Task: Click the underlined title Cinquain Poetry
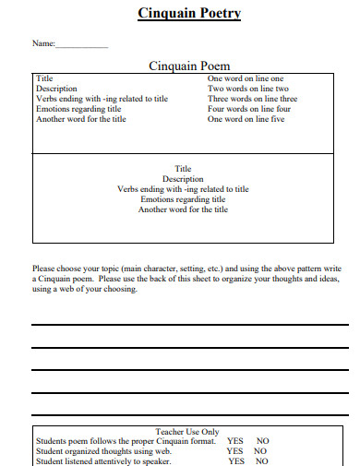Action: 189,14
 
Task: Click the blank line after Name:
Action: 82,46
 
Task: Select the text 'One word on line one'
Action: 246,79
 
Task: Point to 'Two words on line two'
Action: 246,90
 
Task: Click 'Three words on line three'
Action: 252,99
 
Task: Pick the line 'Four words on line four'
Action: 249,109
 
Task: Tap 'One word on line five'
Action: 246,119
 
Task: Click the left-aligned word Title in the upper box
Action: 44,79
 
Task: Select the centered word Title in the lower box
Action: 183,169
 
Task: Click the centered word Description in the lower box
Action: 183,179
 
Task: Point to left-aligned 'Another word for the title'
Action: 81,119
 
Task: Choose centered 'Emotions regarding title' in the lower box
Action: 183,199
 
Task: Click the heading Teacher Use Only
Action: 187,431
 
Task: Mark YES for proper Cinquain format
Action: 235,441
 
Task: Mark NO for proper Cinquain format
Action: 262,441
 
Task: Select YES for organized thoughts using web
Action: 235,451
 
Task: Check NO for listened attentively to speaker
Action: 261,461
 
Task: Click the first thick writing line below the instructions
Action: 189,325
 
